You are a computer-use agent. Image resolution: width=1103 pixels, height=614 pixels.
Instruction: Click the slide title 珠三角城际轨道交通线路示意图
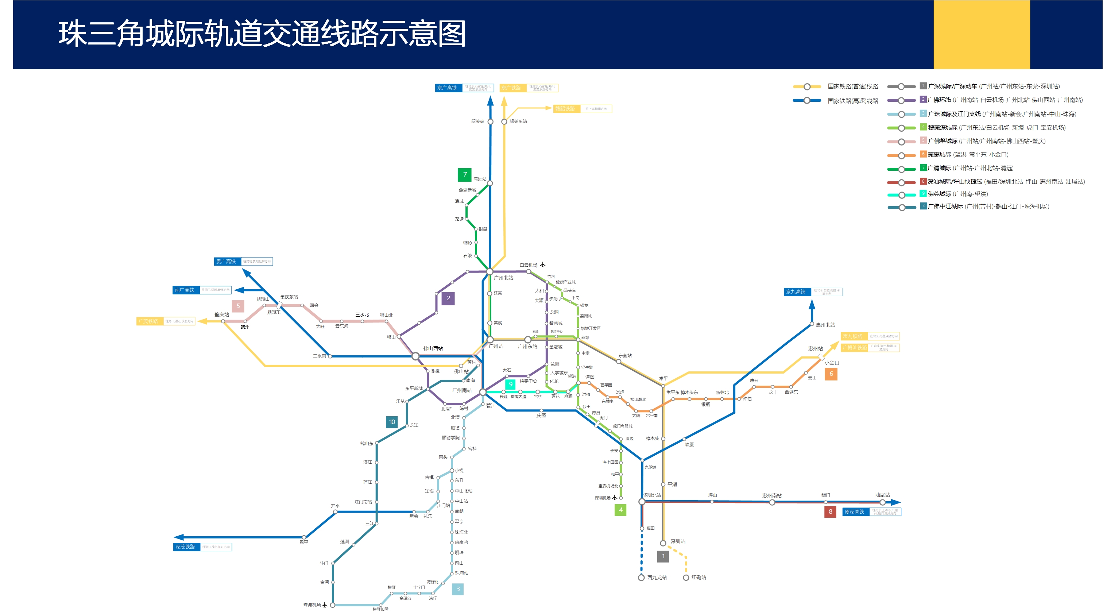pyautogui.click(x=262, y=34)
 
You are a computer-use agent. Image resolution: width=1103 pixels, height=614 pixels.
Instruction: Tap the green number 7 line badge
pyautogui.click(x=465, y=175)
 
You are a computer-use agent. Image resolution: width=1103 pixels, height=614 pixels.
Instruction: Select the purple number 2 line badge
pyautogui.click(x=448, y=298)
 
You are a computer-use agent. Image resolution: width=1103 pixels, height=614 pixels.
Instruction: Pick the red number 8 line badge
pyautogui.click(x=830, y=511)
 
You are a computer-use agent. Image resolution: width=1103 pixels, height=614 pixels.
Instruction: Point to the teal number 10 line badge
pyautogui.click(x=392, y=422)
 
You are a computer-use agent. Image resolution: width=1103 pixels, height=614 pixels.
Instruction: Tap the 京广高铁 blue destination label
pyautogui.click(x=447, y=88)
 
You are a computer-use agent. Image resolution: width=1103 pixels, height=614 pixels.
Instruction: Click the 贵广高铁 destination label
pyautogui.click(x=226, y=262)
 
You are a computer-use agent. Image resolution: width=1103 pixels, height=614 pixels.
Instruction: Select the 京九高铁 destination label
pyautogui.click(x=796, y=292)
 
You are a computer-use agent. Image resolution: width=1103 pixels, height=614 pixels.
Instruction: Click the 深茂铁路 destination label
pyautogui.click(x=185, y=547)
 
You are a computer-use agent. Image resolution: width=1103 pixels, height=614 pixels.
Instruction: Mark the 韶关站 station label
pyautogui.click(x=477, y=121)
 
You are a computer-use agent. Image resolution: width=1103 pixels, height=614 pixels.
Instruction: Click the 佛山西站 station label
pyautogui.click(x=433, y=348)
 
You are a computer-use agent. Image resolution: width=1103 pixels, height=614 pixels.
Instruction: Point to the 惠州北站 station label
pyautogui.click(x=825, y=325)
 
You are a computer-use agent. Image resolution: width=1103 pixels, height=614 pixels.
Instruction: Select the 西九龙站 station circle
pyautogui.click(x=642, y=578)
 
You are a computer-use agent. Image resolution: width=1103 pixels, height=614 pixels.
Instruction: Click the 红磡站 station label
pyautogui.click(x=698, y=578)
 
